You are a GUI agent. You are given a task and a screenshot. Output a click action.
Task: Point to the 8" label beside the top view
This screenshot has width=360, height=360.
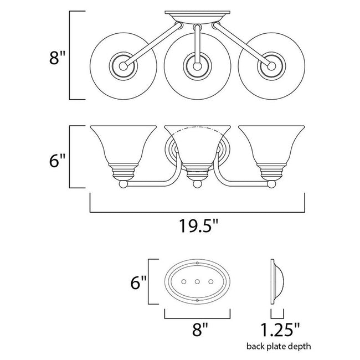click(x=58, y=58)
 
